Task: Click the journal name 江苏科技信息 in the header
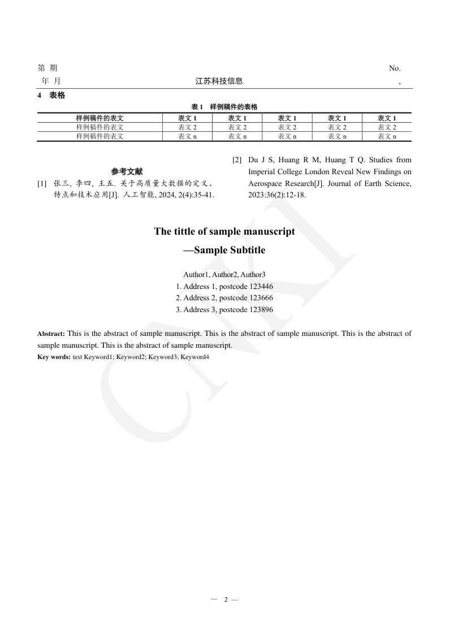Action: click(219, 81)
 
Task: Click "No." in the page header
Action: click(394, 68)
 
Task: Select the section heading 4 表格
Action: click(51, 96)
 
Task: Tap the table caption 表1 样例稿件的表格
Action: click(225, 107)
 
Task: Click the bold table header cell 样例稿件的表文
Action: click(100, 118)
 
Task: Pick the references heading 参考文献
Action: click(127, 171)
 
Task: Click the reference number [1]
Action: click(42, 184)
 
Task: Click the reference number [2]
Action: click(237, 160)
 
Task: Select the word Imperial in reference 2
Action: click(262, 172)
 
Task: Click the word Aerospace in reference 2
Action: click(265, 184)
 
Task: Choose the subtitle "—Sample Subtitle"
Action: click(225, 250)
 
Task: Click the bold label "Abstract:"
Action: click(51, 334)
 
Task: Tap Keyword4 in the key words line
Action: click(195, 357)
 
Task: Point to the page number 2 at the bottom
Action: click(226, 599)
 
